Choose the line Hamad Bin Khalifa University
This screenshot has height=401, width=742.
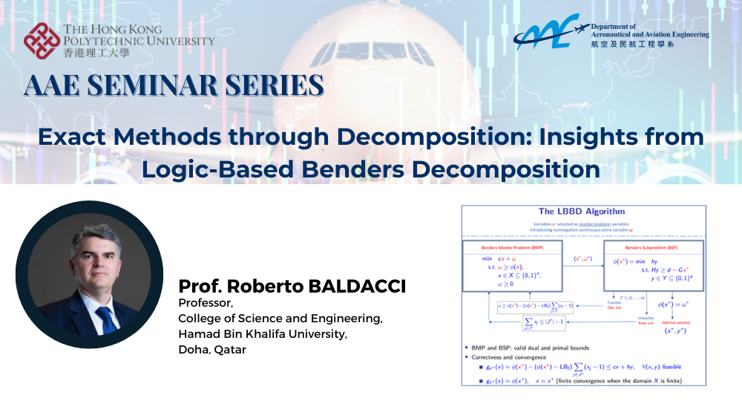tap(263, 334)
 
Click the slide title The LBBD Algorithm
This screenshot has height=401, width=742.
tap(582, 212)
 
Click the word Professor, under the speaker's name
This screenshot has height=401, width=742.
tap(206, 303)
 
